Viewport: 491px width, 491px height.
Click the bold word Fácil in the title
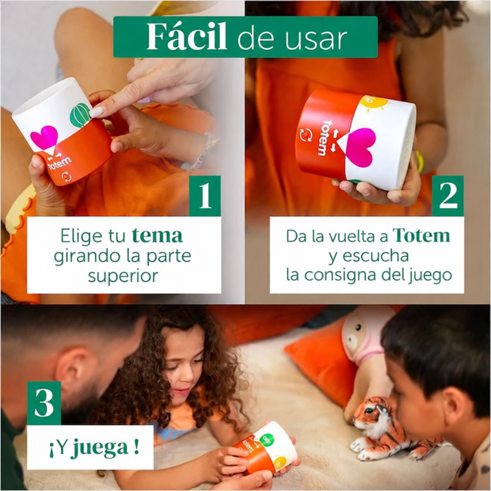(187, 37)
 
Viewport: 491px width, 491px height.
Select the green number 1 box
(205, 196)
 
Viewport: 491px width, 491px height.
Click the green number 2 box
(448, 196)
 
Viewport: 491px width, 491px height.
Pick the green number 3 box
(44, 403)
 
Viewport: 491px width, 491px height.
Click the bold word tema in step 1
(157, 236)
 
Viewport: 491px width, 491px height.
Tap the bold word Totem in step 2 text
(421, 235)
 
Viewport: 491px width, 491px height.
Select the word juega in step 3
(101, 448)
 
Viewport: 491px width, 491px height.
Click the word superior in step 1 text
(123, 276)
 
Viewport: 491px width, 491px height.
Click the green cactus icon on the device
(81, 115)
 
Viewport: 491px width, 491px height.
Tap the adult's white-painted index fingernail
(96, 111)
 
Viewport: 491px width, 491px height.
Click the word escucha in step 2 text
(376, 256)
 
